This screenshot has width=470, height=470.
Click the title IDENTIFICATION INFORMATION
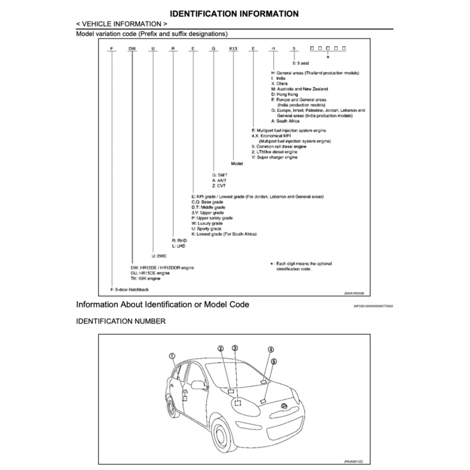point(235,14)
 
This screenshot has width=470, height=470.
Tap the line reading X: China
point(279,84)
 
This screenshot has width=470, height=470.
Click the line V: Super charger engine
point(275,157)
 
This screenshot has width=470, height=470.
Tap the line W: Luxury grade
point(207,223)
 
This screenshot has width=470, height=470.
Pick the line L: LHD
point(179,245)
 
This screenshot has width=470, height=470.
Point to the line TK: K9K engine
point(146,278)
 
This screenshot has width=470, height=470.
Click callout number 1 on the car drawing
point(172,356)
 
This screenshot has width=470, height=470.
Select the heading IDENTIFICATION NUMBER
point(121,321)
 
